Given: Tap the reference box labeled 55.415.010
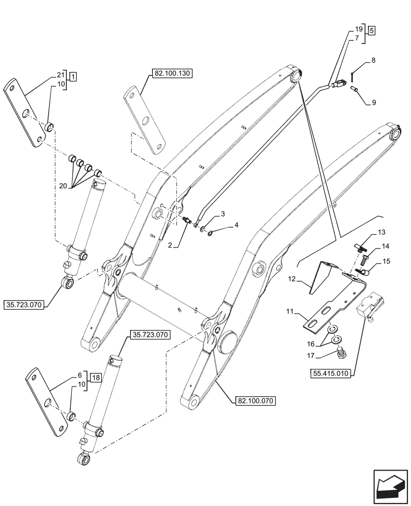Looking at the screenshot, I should pos(332,374).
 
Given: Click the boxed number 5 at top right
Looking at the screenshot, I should pos(372,30).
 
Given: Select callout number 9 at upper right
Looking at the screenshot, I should pos(373,103).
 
